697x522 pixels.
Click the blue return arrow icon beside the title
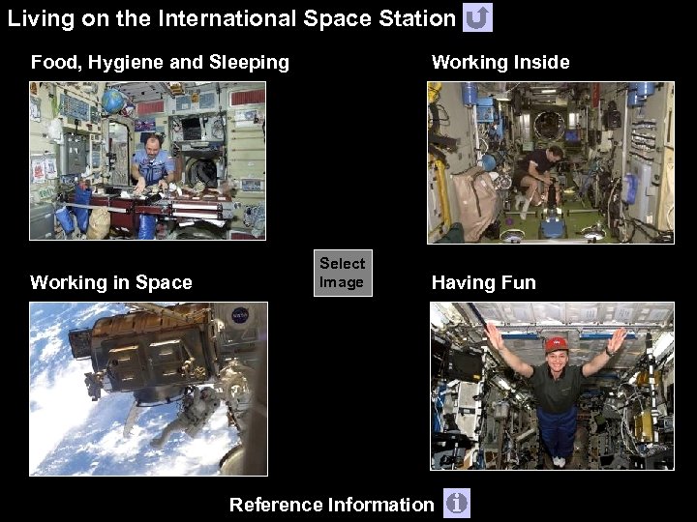tap(478, 17)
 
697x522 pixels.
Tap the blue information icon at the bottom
tap(456, 503)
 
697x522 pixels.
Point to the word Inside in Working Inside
tap(541, 63)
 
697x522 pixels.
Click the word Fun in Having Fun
tap(518, 283)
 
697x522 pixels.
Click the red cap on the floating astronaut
tap(555, 343)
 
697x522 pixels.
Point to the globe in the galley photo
tap(113, 99)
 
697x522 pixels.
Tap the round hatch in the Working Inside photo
tap(549, 126)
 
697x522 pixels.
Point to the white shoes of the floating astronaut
tap(560, 462)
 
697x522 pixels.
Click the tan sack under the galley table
tap(98, 223)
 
